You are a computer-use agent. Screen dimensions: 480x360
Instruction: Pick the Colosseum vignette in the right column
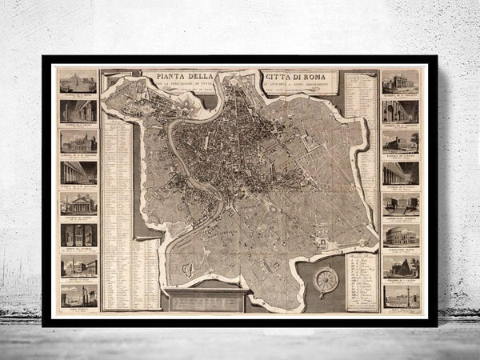[401, 234]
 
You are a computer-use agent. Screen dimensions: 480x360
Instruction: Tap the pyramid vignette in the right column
[401, 265]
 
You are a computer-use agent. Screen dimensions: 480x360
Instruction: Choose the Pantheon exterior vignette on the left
[78, 203]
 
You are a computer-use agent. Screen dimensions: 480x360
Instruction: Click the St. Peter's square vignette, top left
[78, 80]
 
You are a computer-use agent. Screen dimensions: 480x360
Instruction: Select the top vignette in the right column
[401, 80]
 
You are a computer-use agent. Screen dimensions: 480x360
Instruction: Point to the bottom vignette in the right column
[401, 295]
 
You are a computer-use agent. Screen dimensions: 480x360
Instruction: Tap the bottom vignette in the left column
[78, 295]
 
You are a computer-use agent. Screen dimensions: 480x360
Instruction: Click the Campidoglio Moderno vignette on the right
[401, 203]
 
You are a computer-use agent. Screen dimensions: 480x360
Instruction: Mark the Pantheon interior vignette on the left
[78, 234]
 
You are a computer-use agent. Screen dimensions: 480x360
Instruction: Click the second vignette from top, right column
[401, 110]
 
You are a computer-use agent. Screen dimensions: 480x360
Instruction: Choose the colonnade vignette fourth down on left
[78, 172]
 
